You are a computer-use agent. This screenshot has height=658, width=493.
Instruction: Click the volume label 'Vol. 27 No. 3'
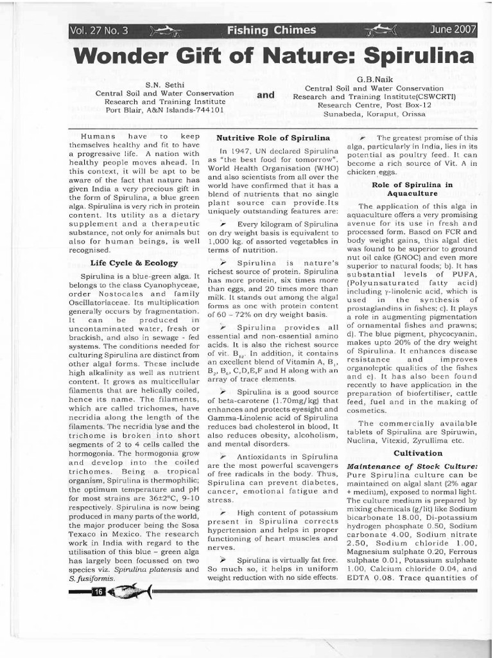coord(99,30)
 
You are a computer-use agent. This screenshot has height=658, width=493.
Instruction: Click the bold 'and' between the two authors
coord(266,94)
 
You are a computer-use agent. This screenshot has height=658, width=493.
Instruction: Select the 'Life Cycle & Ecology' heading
coord(134,263)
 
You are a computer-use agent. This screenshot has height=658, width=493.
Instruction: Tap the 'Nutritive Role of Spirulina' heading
coord(273,138)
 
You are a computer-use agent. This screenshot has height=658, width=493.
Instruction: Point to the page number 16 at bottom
coord(98,591)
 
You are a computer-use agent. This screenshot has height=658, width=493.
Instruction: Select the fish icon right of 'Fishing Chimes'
coord(382,30)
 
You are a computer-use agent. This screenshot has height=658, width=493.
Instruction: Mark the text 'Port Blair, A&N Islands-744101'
coord(165,110)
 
